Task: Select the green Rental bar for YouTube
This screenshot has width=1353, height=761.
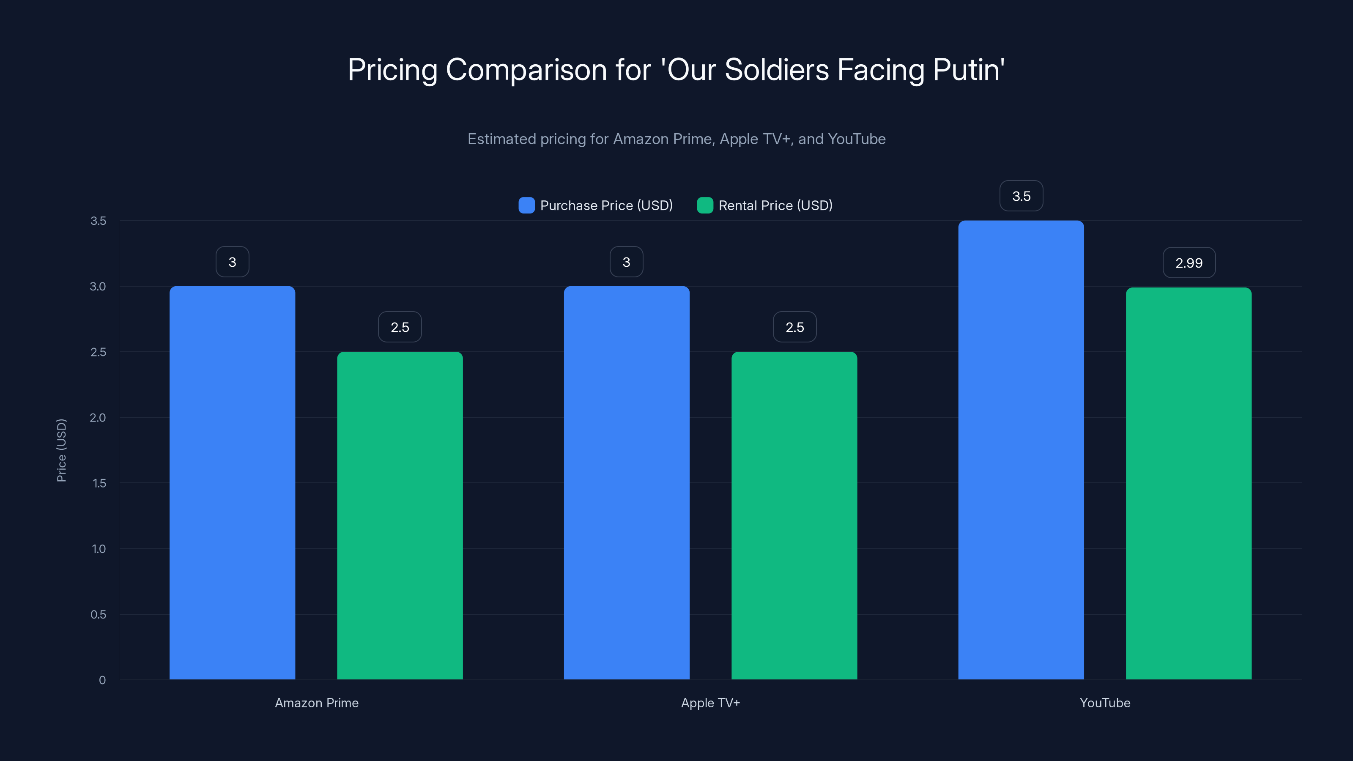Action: pyautogui.click(x=1189, y=483)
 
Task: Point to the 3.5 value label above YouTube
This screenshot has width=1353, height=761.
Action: pyautogui.click(x=1021, y=196)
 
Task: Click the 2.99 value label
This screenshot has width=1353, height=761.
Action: pyautogui.click(x=1189, y=263)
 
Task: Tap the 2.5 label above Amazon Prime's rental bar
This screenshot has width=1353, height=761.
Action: pyautogui.click(x=400, y=327)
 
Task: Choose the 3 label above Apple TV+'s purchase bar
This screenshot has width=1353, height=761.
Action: pyautogui.click(x=626, y=262)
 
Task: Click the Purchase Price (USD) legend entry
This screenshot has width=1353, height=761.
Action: pyautogui.click(x=596, y=205)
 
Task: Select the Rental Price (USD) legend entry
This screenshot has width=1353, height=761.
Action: pyautogui.click(x=765, y=205)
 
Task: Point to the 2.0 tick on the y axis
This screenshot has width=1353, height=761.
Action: pyautogui.click(x=98, y=418)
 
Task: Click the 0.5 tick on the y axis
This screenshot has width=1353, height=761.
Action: pyautogui.click(x=98, y=614)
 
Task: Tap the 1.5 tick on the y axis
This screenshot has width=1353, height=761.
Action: pyautogui.click(x=99, y=483)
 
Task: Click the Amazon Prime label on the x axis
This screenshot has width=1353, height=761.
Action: pyautogui.click(x=317, y=703)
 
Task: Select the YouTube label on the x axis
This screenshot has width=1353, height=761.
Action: pyautogui.click(x=1104, y=703)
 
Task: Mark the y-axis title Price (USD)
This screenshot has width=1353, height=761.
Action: pyautogui.click(x=61, y=450)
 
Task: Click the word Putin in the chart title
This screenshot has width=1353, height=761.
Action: pyautogui.click(x=968, y=70)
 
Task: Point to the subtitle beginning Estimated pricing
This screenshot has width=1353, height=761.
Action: pyautogui.click(x=676, y=139)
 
